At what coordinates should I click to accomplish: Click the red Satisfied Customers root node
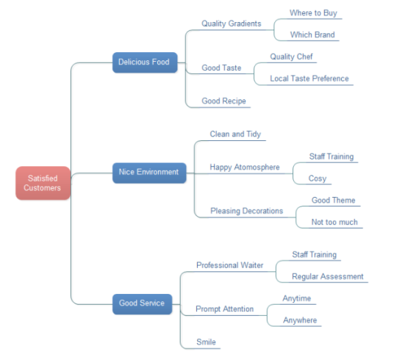coord(43,183)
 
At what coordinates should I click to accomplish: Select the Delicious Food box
coord(145,62)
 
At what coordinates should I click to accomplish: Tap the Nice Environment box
coord(149,173)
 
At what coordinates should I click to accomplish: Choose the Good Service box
coord(142,304)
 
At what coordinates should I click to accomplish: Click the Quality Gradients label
coord(232,24)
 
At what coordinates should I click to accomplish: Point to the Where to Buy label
coord(313,12)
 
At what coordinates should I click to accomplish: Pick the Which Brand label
coord(312,35)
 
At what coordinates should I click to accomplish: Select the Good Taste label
coord(221,68)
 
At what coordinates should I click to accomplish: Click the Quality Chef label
coord(292,57)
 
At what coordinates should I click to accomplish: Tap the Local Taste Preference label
coord(309,79)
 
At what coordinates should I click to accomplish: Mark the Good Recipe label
coord(223,101)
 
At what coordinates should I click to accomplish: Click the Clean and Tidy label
coord(235,134)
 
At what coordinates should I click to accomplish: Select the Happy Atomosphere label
coord(245,168)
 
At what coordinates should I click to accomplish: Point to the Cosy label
coord(318,179)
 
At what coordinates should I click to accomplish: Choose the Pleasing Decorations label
coord(247,211)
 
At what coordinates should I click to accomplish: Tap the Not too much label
coord(334,222)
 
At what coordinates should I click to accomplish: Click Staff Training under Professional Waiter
coord(315,255)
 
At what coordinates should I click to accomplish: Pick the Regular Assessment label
coord(328,276)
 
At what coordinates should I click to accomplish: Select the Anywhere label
coord(300,320)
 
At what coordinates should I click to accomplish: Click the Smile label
coord(206,342)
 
